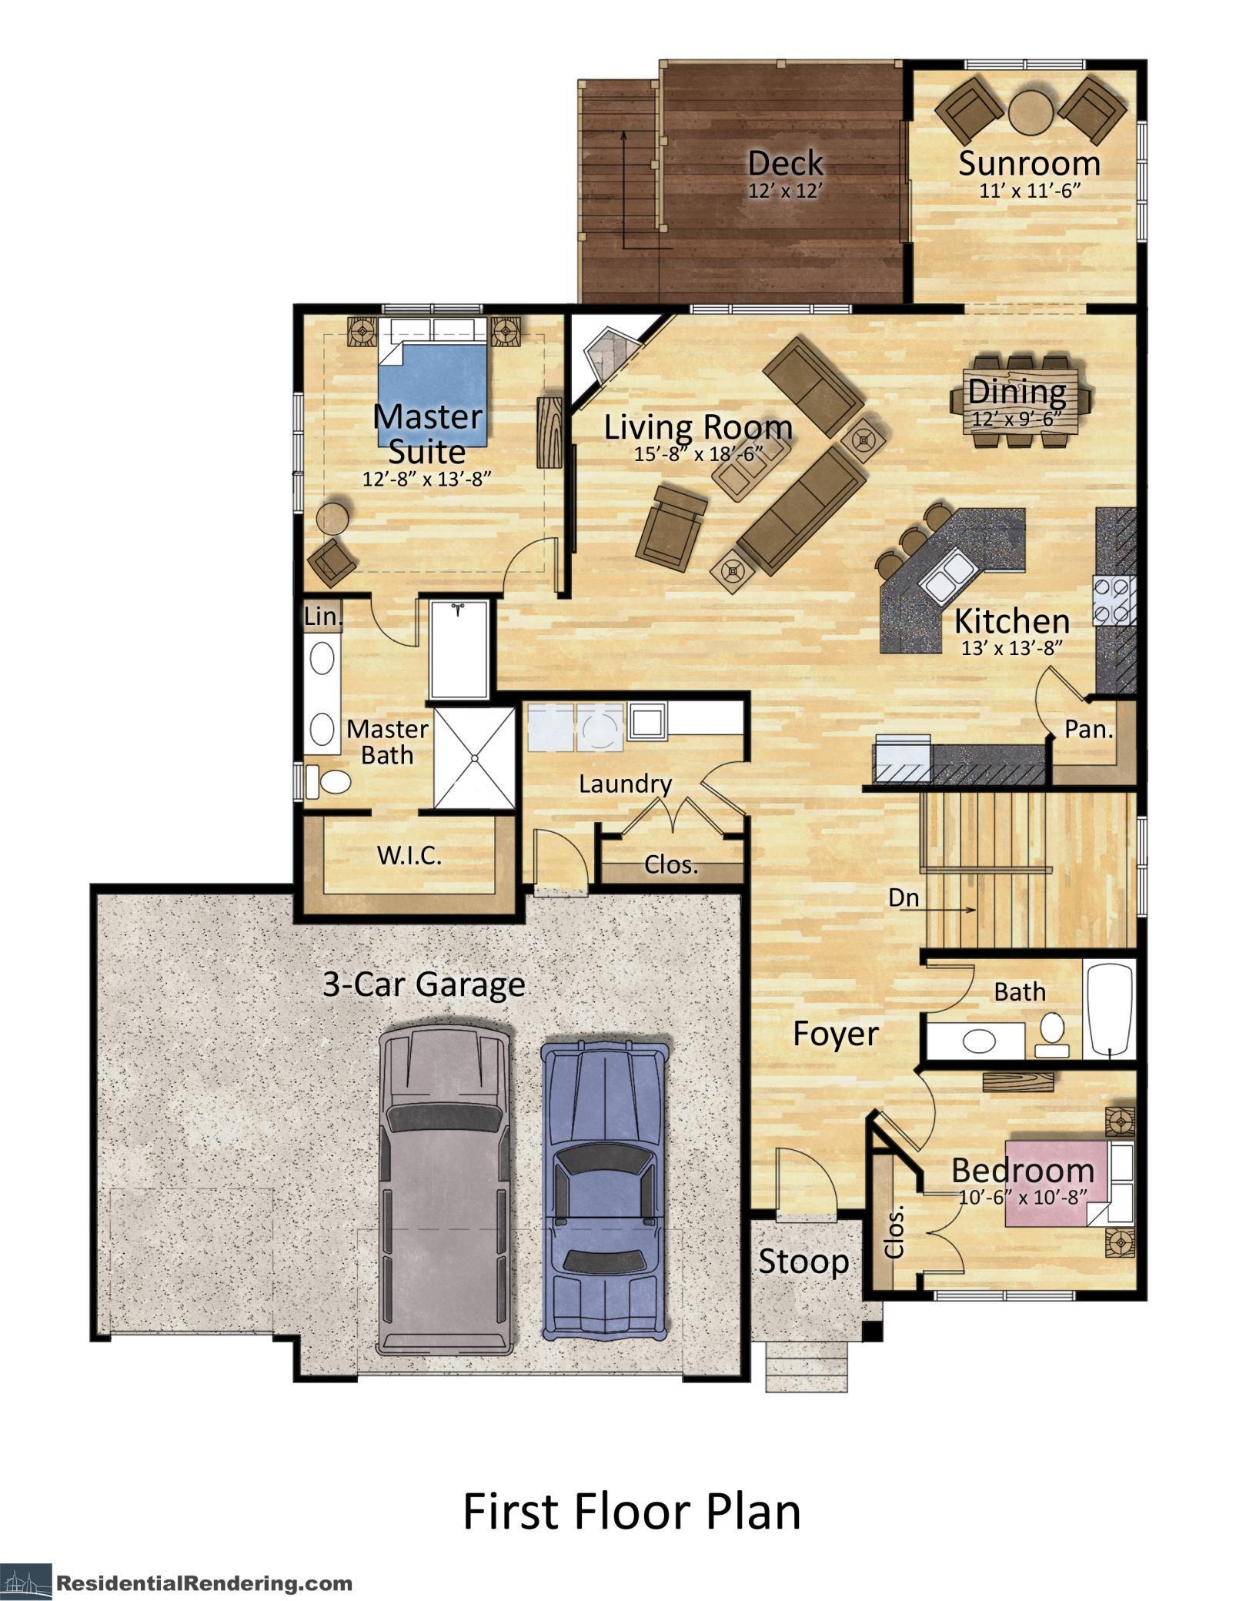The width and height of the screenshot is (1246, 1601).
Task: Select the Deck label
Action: pyautogui.click(x=785, y=163)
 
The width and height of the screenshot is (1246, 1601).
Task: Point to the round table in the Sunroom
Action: pyautogui.click(x=1031, y=113)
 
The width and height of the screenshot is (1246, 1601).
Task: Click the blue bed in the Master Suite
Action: pyautogui.click(x=433, y=394)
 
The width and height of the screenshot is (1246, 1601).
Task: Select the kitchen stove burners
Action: pyautogui.click(x=1114, y=600)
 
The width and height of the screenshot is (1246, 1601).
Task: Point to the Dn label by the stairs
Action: pyautogui.click(x=904, y=897)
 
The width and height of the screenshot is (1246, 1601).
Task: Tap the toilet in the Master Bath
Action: pyautogui.click(x=329, y=782)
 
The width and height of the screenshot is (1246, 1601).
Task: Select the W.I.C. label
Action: pyautogui.click(x=409, y=856)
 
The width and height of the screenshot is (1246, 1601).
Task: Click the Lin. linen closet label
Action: pyautogui.click(x=322, y=617)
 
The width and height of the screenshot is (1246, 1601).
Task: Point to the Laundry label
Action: pyautogui.click(x=625, y=784)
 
